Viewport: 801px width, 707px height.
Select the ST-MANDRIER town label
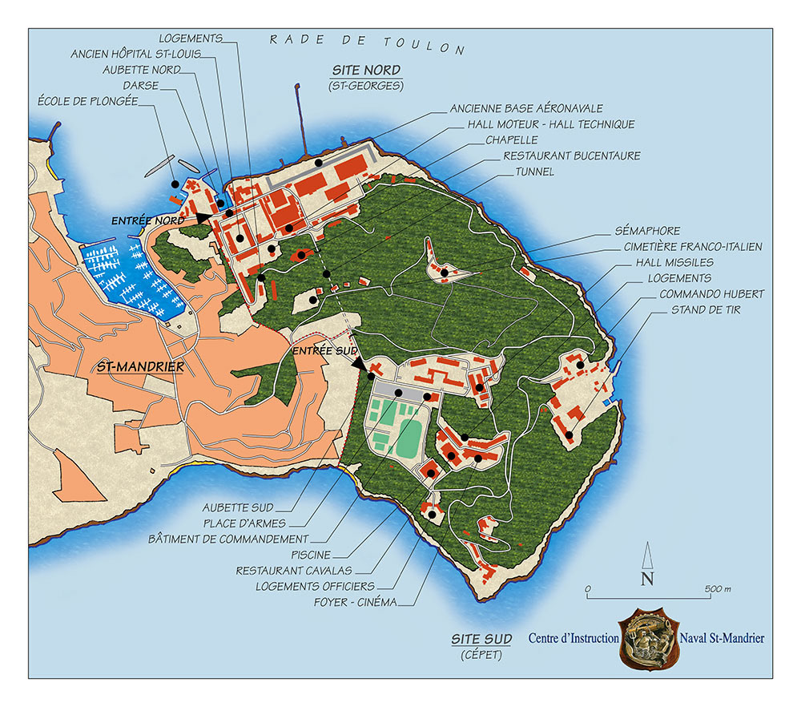(x=140, y=367)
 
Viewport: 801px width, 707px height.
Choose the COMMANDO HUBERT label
(x=700, y=293)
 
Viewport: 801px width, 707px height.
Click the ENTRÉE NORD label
(x=148, y=220)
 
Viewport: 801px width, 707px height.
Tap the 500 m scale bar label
(x=717, y=589)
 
